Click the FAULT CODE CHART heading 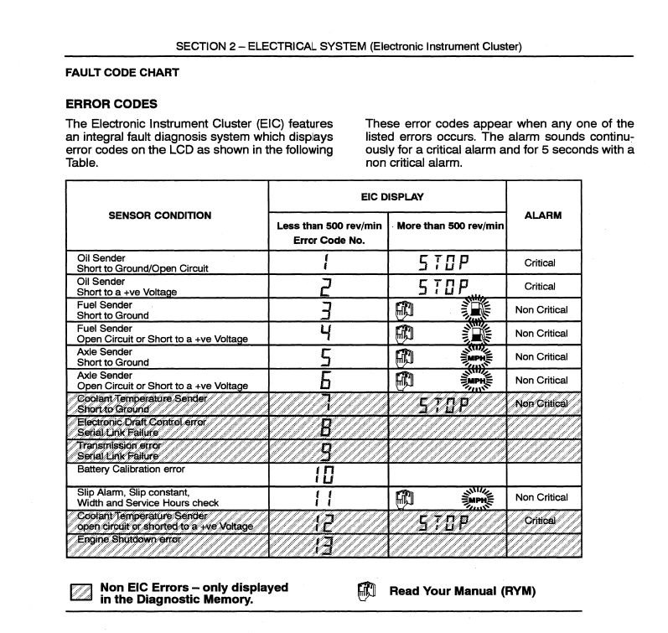[x=122, y=73]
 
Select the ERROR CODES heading [x=111, y=105]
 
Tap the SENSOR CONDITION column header [x=160, y=215]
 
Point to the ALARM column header [x=542, y=215]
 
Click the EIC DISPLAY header [x=386, y=198]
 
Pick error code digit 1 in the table [x=327, y=263]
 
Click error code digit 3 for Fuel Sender [x=327, y=310]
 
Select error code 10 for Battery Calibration [x=325, y=475]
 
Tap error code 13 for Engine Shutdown [x=325, y=545]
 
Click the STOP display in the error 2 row [x=444, y=287]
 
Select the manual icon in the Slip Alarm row [x=404, y=498]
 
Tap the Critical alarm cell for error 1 [x=540, y=263]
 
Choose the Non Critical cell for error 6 [x=541, y=381]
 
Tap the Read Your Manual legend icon [x=365, y=590]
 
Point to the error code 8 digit [x=327, y=428]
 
